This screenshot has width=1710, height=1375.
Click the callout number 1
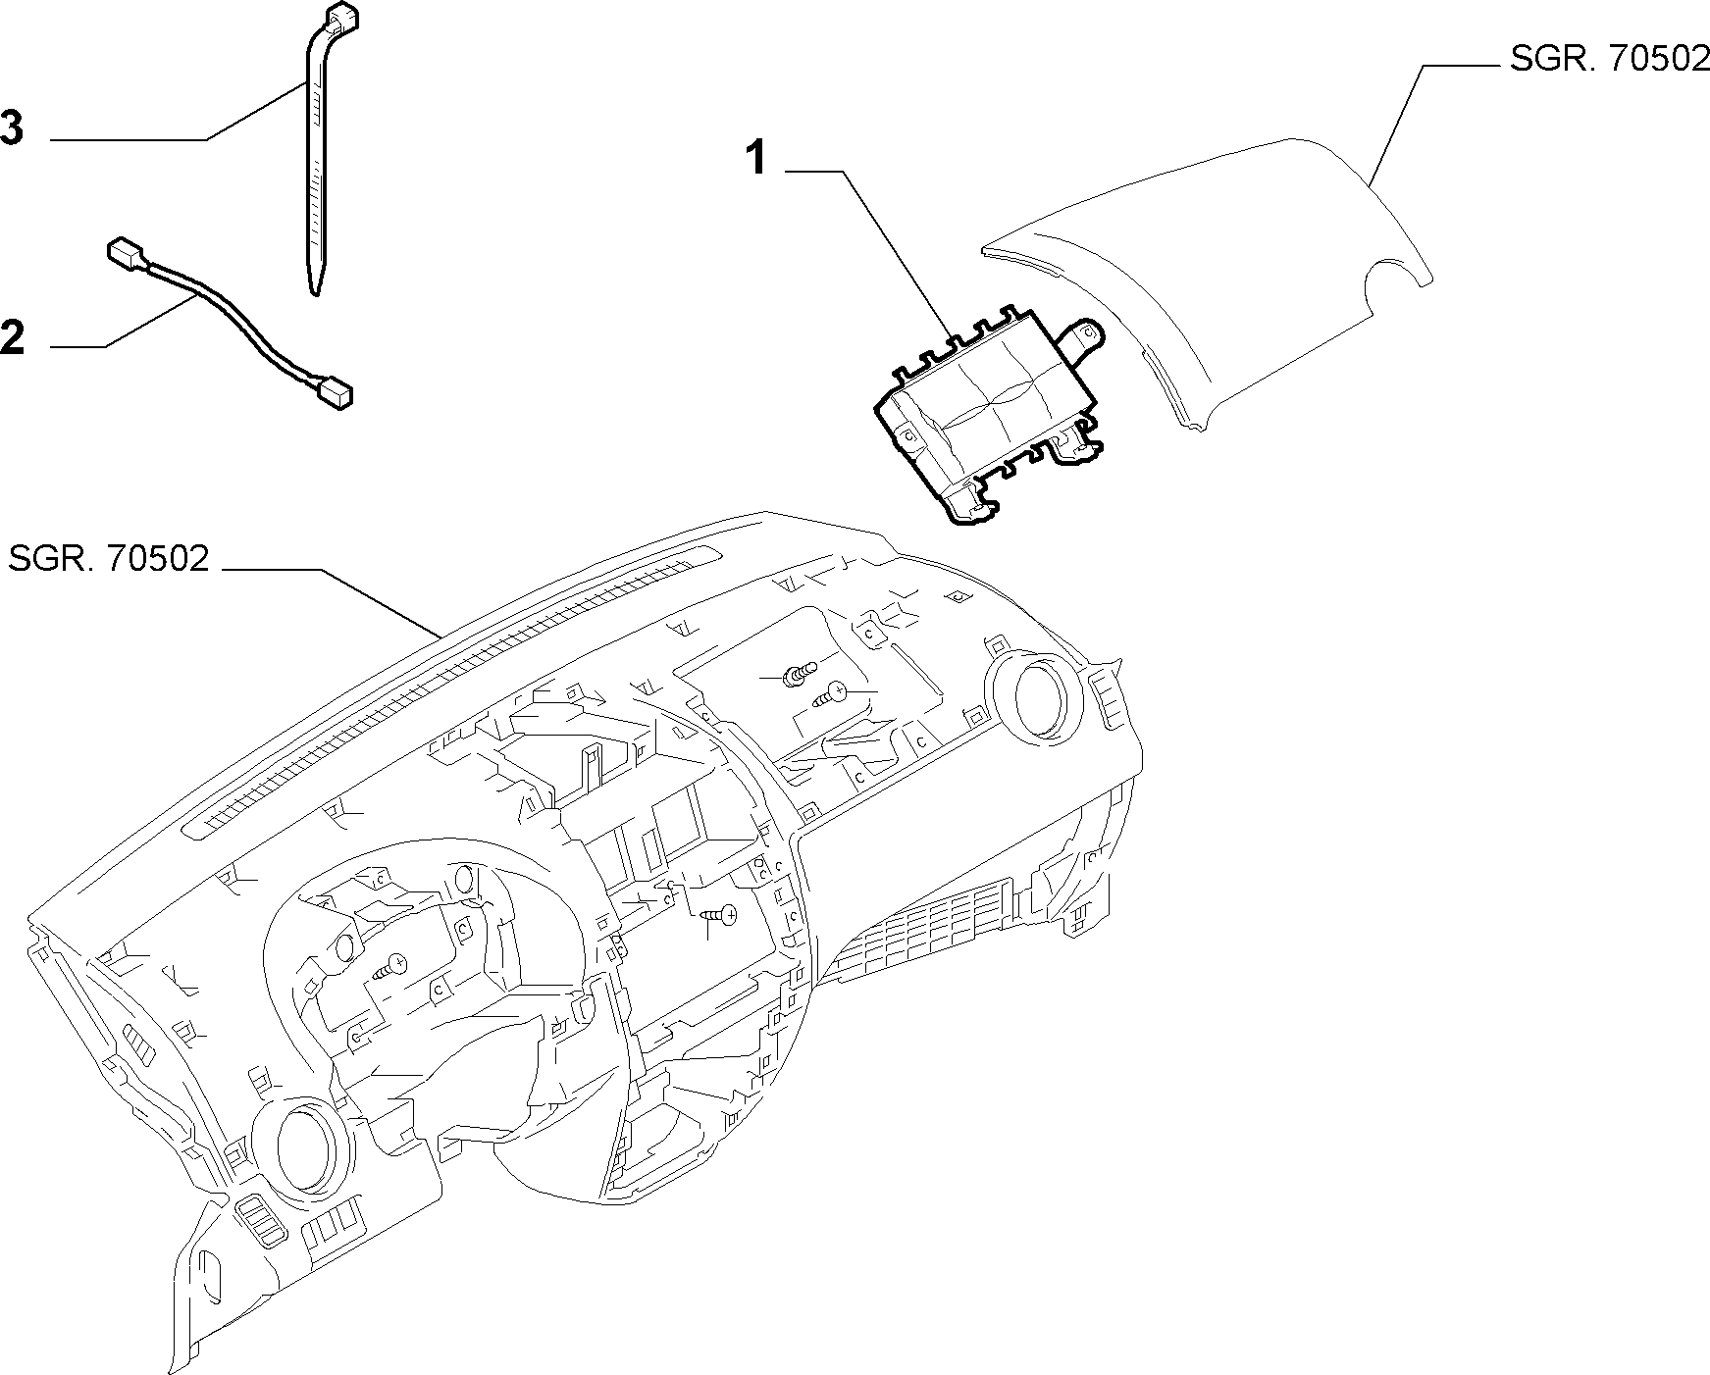pyautogui.click(x=756, y=158)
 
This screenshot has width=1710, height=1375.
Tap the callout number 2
pyautogui.click(x=13, y=338)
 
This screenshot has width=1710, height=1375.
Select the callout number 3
pyautogui.click(x=12, y=128)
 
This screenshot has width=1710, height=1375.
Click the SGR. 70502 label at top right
pyautogui.click(x=1609, y=59)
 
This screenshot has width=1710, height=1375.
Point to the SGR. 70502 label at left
pyautogui.click(x=109, y=558)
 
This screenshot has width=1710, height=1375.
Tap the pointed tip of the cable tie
pyautogui.click(x=314, y=288)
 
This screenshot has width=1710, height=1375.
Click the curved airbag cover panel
pyautogui.click(x=1207, y=284)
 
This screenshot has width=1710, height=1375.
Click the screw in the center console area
pyautogui.click(x=721, y=914)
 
